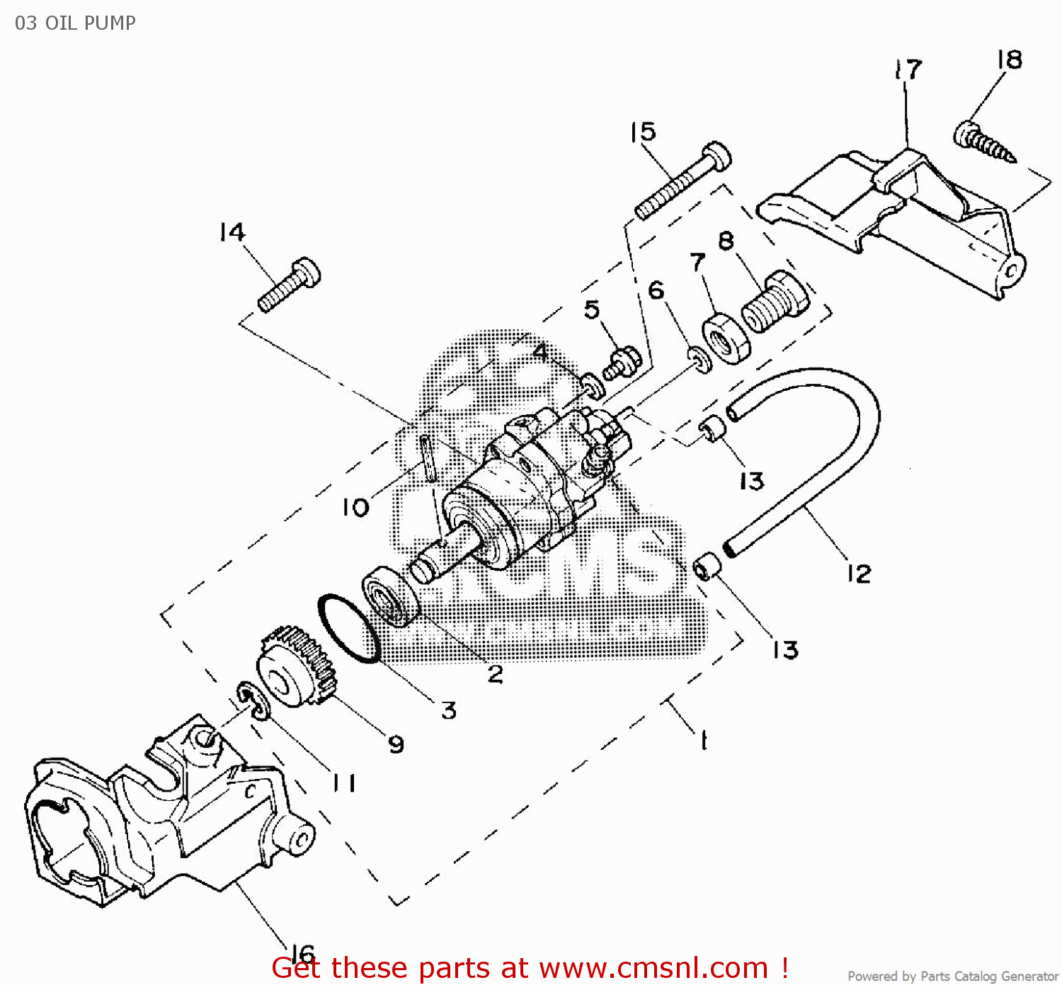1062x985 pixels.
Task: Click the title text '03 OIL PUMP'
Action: pyautogui.click(x=75, y=23)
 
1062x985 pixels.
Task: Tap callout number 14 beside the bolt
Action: pyautogui.click(x=232, y=232)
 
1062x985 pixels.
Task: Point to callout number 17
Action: pyautogui.click(x=908, y=69)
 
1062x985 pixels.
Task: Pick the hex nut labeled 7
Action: pyautogui.click(x=726, y=338)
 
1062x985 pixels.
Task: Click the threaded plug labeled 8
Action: pyautogui.click(x=774, y=302)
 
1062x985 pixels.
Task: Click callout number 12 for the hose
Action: pyautogui.click(x=859, y=574)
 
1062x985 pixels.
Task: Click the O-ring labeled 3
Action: pyautogui.click(x=349, y=629)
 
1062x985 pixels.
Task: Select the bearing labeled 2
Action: pyautogui.click(x=391, y=596)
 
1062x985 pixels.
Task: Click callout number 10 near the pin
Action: pyautogui.click(x=355, y=507)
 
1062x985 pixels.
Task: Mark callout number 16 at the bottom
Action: pyautogui.click(x=302, y=954)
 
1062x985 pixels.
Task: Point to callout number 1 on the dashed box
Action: pyautogui.click(x=703, y=741)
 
